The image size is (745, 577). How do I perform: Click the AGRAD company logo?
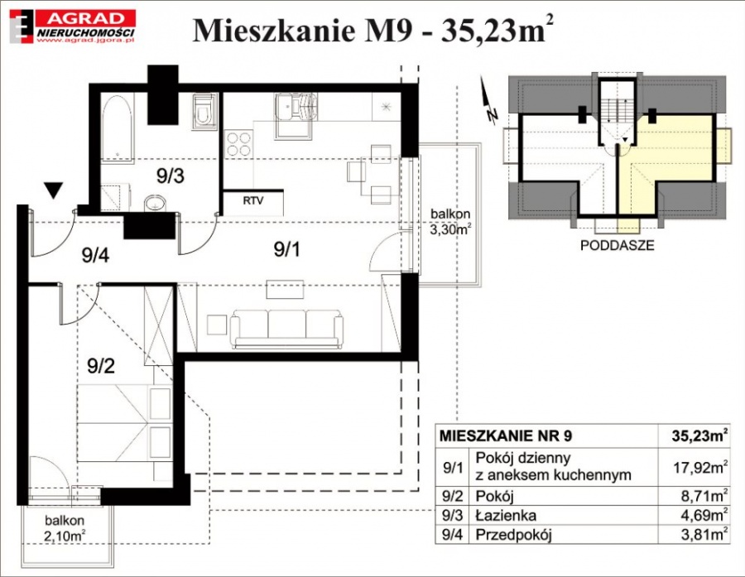click(73, 27)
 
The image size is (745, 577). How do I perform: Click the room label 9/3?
click(171, 176)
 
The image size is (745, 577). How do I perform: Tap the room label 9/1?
click(287, 248)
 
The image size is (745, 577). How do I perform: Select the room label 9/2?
click(101, 366)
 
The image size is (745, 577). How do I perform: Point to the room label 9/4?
click(95, 255)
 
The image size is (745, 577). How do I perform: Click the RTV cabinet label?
click(253, 200)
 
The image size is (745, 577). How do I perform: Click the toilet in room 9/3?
click(204, 112)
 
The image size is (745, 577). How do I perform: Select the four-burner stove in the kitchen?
click(238, 144)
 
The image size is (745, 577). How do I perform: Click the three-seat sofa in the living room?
click(286, 329)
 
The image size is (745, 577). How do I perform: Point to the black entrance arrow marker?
click(53, 190)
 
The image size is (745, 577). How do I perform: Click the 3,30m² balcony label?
click(450, 222)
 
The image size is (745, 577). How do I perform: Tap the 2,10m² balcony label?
click(65, 528)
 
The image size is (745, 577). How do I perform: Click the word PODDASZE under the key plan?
click(617, 245)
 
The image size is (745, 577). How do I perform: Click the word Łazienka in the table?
click(506, 515)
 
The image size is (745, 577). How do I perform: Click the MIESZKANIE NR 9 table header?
click(506, 435)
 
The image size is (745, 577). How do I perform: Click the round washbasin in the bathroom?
click(155, 204)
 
